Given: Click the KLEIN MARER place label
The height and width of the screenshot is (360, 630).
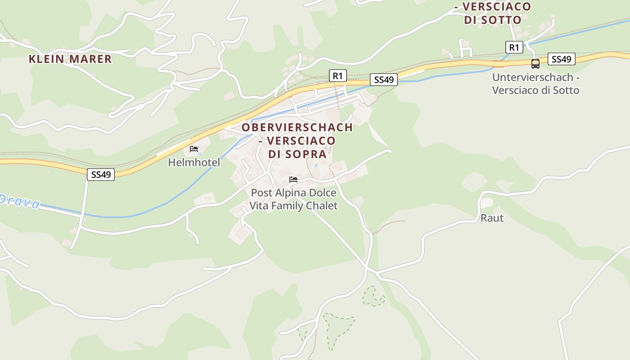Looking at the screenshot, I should point(70,59).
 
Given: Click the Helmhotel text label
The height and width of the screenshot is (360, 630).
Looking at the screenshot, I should point(194,162).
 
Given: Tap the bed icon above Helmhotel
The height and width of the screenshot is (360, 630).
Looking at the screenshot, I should point(194,148).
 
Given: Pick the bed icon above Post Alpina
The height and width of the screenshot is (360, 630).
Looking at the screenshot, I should point(293,179).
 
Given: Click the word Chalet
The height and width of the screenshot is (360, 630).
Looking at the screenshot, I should point(321,206).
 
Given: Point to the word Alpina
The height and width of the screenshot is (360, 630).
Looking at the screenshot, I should point(292,193).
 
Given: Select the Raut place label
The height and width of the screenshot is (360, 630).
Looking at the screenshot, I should point(492,218).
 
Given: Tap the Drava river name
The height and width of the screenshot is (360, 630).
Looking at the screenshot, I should point(20,202).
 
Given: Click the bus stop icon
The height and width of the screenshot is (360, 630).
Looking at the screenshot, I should point(535,64).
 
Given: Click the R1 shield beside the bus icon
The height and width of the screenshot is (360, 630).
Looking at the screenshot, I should point(514,47).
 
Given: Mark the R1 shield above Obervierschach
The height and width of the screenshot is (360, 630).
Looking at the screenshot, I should point(337,76).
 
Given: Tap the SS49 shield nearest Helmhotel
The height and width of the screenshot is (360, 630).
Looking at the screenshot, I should point(101,175).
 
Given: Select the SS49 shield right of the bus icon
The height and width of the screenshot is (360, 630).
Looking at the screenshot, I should point(561,59).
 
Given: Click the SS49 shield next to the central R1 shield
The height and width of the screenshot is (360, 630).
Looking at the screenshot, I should point(384,80).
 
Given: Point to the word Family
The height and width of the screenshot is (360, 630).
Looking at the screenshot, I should point(286,206).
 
